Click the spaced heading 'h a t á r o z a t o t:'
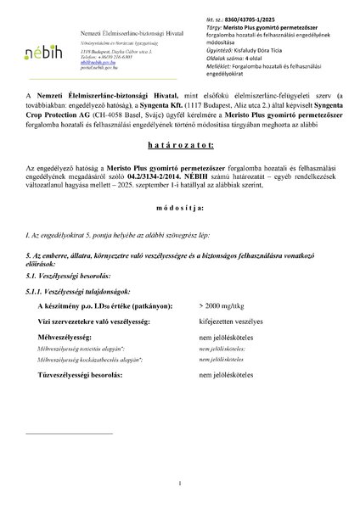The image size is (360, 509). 180,169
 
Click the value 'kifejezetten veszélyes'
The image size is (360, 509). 228,324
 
